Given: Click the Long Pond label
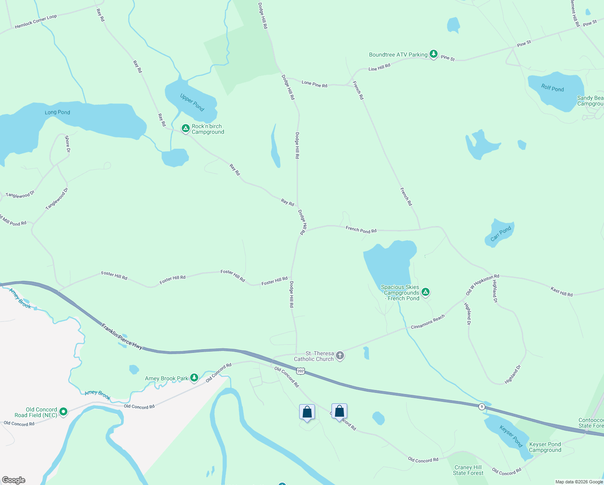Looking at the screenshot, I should (x=57, y=112).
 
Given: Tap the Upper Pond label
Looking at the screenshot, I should (x=192, y=103).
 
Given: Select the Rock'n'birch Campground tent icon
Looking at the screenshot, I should (x=185, y=129).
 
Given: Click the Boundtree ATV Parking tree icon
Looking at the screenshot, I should (x=433, y=54).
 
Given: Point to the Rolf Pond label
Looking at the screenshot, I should (x=552, y=88).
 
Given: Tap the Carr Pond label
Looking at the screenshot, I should (x=501, y=234).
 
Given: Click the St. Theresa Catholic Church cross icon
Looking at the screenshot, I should (x=340, y=356).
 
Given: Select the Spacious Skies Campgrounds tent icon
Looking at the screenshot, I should (x=425, y=292).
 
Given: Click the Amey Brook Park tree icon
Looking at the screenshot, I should (x=194, y=378).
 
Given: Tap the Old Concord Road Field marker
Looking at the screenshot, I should (x=63, y=412).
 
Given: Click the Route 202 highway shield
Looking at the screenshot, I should (x=300, y=371).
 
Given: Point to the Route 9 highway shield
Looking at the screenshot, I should (x=482, y=407).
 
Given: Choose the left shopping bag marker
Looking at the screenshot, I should (x=307, y=412).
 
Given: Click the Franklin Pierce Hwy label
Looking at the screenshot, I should (x=122, y=336).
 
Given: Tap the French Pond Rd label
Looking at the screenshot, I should (x=361, y=230).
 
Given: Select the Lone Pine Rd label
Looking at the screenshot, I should (x=314, y=84).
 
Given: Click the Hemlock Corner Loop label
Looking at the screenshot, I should (x=36, y=22).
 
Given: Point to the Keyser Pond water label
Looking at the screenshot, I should (x=511, y=436).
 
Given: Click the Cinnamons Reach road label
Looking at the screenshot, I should (x=428, y=322).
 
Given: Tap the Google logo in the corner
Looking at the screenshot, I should (x=13, y=480).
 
